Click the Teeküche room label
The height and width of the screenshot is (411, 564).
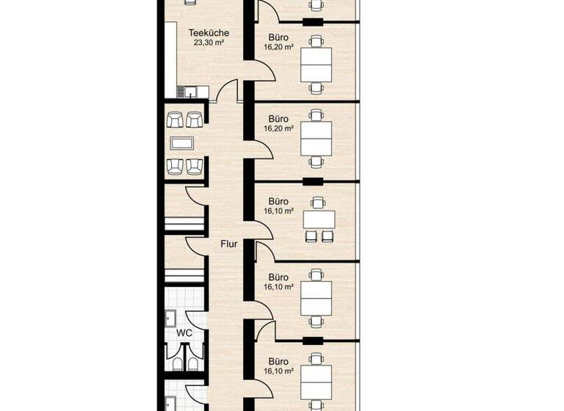click(x=209, y=32)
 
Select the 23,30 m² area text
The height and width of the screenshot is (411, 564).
click(x=209, y=43)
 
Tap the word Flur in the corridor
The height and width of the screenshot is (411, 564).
click(x=229, y=244)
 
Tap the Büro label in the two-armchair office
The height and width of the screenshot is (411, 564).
click(x=278, y=200)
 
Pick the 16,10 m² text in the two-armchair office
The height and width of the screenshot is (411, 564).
click(x=278, y=211)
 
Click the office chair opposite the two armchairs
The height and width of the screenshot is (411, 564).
click(x=317, y=203)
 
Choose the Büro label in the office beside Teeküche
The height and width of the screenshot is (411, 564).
click(x=278, y=36)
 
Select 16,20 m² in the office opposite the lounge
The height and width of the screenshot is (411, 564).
click(x=278, y=128)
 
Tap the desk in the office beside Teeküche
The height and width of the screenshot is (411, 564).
click(x=317, y=64)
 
